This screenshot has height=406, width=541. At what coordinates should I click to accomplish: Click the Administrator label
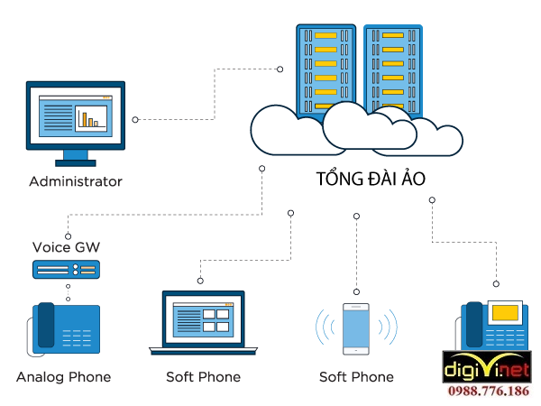(76, 181)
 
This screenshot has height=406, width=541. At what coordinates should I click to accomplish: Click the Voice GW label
(65, 246)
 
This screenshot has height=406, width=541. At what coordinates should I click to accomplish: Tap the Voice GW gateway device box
(66, 269)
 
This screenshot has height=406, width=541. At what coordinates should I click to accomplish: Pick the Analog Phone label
(63, 376)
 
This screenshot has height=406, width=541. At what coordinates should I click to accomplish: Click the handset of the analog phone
(45, 328)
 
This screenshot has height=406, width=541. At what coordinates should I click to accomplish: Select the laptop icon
(203, 322)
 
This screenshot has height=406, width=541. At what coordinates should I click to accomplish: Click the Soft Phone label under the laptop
(203, 376)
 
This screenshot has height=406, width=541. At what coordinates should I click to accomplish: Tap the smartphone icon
(357, 328)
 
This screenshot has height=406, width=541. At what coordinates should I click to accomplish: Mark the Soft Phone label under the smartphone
(356, 376)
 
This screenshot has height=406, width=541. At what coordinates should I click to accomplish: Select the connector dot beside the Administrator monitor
(135, 119)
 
